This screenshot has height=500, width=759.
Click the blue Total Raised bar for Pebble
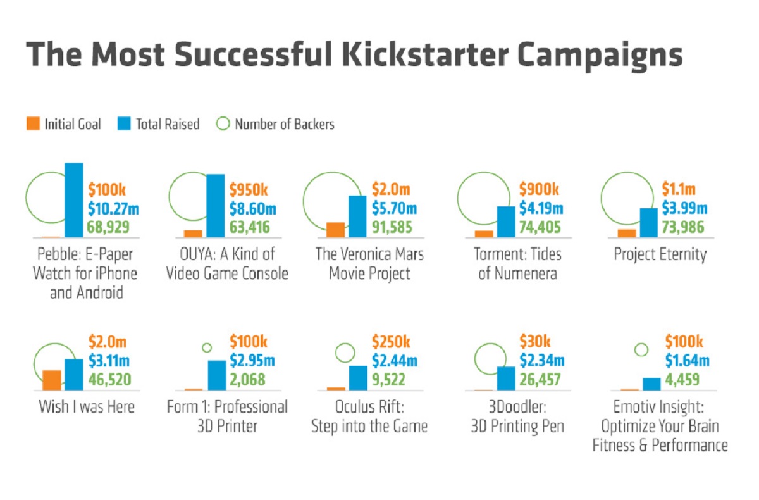(74, 200)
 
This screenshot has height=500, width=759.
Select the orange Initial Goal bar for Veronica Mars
(335, 230)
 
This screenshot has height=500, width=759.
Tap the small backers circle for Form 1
(206, 347)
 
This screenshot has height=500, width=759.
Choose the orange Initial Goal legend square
(34, 124)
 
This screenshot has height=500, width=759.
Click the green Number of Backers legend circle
(223, 124)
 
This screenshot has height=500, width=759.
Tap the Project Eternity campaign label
(660, 255)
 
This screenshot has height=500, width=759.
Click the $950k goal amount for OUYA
(249, 189)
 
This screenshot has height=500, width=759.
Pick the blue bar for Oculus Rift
(358, 378)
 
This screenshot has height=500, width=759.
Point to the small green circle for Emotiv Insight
(641, 349)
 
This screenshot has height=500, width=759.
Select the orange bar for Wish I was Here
(51, 380)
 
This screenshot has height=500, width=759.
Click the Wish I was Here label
(87, 406)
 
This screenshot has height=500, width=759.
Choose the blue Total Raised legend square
(125, 124)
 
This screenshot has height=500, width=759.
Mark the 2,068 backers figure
(247, 380)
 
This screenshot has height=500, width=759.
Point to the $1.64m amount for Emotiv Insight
(687, 361)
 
